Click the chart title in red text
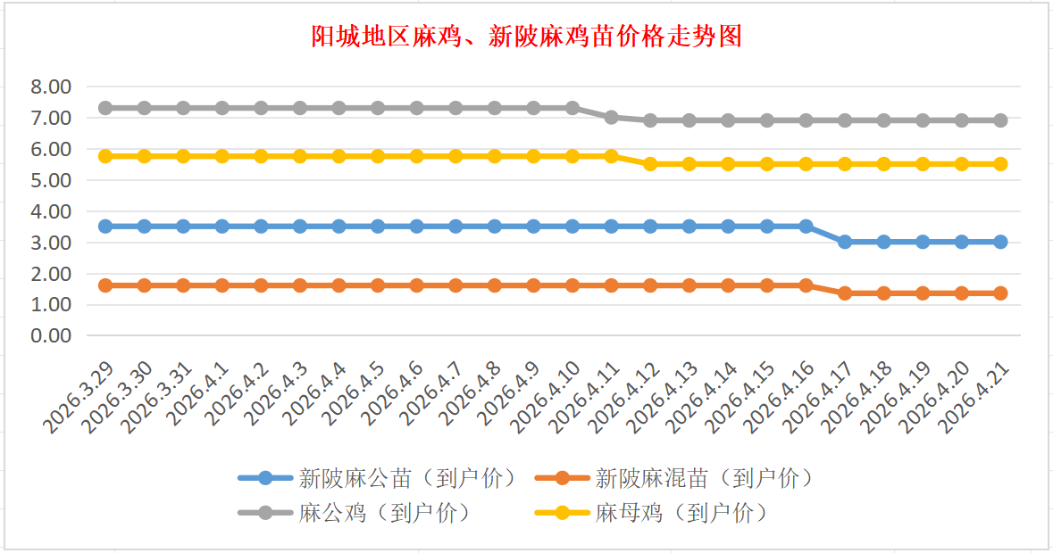[x=526, y=37]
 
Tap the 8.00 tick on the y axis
[x=50, y=87]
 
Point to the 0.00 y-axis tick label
[x=50, y=336]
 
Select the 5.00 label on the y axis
[x=50, y=180]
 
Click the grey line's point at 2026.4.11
[x=611, y=117]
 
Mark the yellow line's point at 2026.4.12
[x=650, y=164]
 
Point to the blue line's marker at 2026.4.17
[x=845, y=242]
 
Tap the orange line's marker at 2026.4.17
[x=845, y=293]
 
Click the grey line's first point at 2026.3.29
[x=105, y=108]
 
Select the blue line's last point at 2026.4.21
[x=1000, y=242]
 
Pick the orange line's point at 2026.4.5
[x=378, y=285]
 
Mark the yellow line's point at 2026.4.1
[x=222, y=156]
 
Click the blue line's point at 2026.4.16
[x=806, y=227]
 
